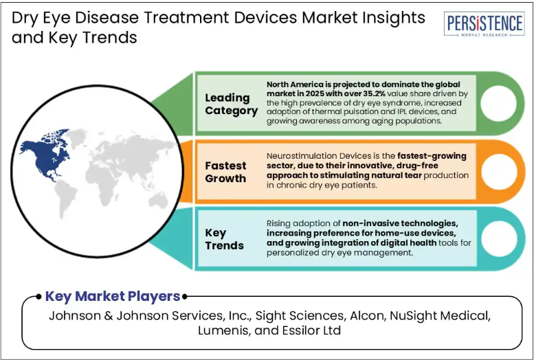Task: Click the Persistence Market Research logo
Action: coord(484,24)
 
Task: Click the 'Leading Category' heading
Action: coord(231,104)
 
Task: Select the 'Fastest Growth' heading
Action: coord(225,172)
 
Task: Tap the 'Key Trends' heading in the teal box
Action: coord(225,239)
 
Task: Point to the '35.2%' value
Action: coord(374,93)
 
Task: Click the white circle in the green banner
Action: coord(498,104)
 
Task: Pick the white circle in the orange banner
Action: coord(499,171)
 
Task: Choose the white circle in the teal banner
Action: coord(499,239)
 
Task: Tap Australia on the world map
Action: coord(159,200)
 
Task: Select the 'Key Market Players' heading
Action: coord(113,296)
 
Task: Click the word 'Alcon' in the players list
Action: coord(368,316)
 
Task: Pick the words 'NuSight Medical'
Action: coord(440,316)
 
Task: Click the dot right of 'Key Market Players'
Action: coord(185,297)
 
